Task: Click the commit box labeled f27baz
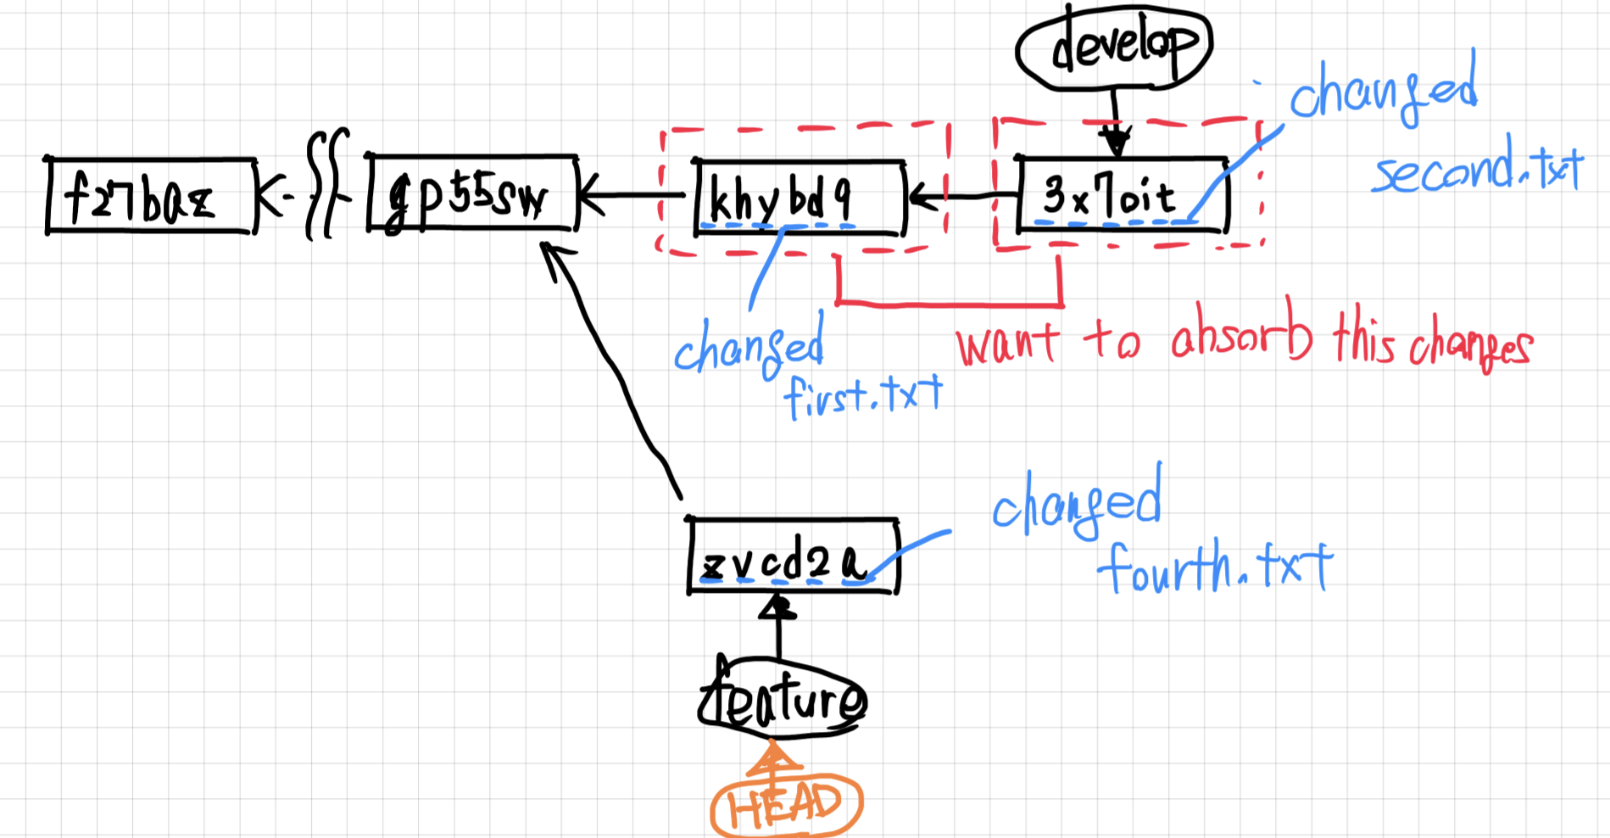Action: click(151, 196)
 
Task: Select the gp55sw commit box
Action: click(472, 194)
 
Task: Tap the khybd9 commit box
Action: click(799, 197)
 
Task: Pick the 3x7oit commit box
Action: click(1122, 195)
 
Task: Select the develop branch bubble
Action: click(1114, 47)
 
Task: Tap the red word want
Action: click(1007, 344)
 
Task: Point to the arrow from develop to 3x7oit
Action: click(1115, 119)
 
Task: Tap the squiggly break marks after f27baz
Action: click(326, 184)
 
